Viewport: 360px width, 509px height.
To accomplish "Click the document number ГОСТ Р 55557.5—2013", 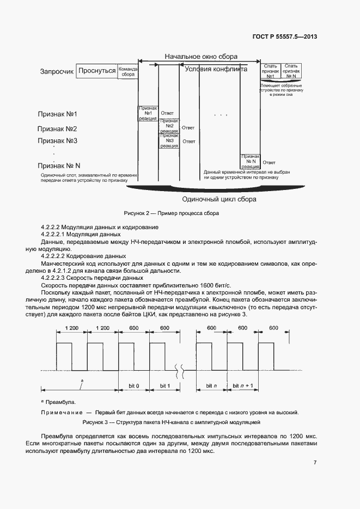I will click(286, 37).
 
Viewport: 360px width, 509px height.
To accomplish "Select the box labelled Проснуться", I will click(96, 71).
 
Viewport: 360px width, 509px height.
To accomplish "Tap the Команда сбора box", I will click(128, 72).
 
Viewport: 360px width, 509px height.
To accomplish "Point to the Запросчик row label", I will click(57, 71).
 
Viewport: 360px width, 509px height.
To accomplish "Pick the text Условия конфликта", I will click(216, 69).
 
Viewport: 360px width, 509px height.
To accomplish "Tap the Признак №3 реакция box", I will click(169, 141).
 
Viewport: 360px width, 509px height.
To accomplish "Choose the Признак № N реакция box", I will click(251, 162).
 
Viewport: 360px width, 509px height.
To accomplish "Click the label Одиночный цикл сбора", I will click(219, 199).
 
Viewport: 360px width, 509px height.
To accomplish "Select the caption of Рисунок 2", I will click(171, 213).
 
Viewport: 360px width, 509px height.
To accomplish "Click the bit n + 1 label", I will click(243, 385).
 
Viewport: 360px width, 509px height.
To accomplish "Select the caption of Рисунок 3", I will click(172, 422).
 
